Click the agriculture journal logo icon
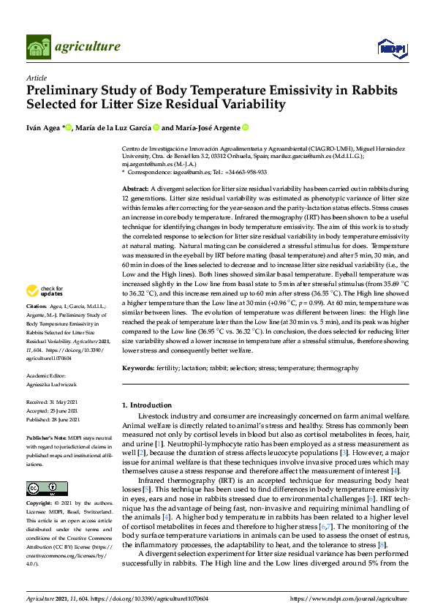(x=38, y=47)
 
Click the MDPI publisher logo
(x=390, y=48)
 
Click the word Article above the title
(x=36, y=78)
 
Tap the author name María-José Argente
(x=204, y=128)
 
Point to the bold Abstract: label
(x=135, y=189)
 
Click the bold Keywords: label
(x=138, y=368)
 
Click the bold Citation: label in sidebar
(x=37, y=326)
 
